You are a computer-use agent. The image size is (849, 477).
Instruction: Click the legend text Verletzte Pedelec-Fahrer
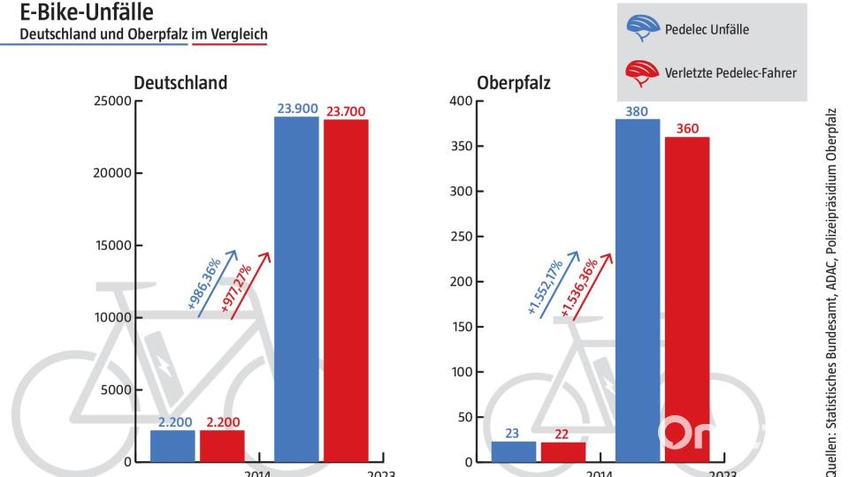pyautogui.click(x=730, y=73)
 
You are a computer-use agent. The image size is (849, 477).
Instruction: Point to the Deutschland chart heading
pyautogui.click(x=180, y=83)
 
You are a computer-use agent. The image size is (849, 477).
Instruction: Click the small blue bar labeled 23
pyautogui.click(x=514, y=451)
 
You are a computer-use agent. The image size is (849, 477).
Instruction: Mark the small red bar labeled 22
pyautogui.click(x=563, y=451)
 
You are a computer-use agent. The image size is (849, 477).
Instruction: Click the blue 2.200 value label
pyautogui.click(x=174, y=423)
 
